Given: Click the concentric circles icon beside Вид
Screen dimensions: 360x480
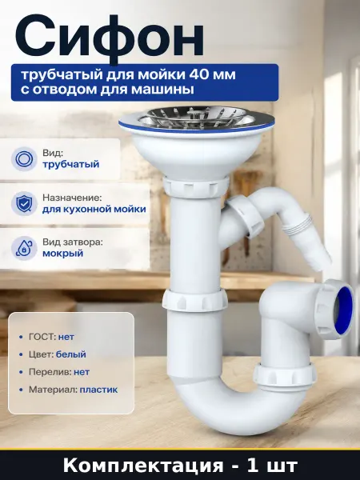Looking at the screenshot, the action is tap(24, 159).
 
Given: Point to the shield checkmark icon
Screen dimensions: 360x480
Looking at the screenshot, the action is tap(24, 203).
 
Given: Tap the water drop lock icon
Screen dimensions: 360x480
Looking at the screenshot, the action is tap(24, 248).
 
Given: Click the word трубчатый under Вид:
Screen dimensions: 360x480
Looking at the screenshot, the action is tap(71, 164).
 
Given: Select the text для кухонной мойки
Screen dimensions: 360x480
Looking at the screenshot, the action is tap(94, 210).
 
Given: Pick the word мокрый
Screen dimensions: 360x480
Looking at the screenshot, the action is tap(62, 254).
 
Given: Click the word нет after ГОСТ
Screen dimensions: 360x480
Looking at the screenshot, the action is tap(66, 337).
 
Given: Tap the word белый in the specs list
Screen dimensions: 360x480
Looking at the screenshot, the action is tap(71, 354).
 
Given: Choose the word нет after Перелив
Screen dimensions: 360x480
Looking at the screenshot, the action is tap(82, 372).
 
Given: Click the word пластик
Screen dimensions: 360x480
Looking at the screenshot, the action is tap(98, 390).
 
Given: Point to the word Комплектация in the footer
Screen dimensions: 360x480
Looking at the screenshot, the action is tap(143, 466).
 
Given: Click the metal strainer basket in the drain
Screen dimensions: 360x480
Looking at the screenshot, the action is tap(195, 118).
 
